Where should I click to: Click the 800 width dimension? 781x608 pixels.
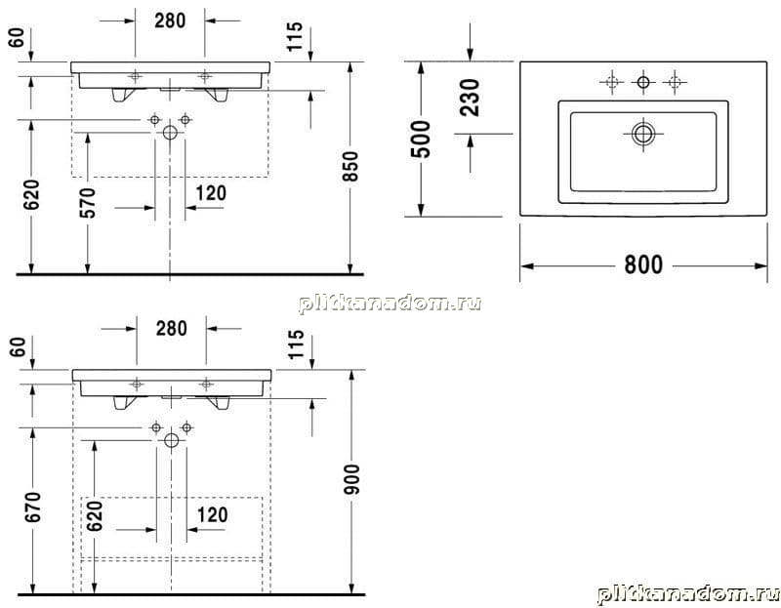click(643, 264)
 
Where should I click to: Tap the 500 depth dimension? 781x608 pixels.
click(421, 139)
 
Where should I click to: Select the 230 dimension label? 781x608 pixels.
click(470, 98)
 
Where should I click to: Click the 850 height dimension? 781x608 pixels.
click(350, 166)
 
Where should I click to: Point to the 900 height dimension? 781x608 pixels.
click(351, 479)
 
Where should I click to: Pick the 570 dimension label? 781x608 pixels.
click(88, 203)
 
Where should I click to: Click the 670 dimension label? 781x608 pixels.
click(33, 507)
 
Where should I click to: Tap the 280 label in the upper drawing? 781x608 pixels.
click(170, 20)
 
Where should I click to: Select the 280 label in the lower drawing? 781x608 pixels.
click(172, 329)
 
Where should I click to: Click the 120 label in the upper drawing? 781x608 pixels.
click(211, 193)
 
